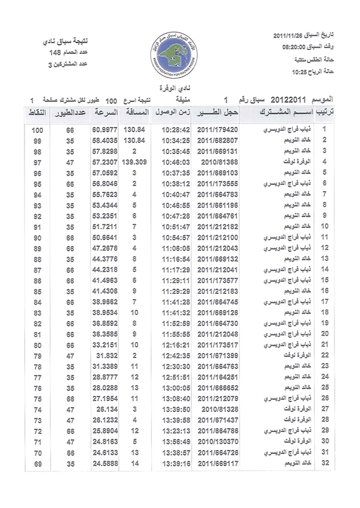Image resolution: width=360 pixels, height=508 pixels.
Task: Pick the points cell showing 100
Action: click(37, 130)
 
